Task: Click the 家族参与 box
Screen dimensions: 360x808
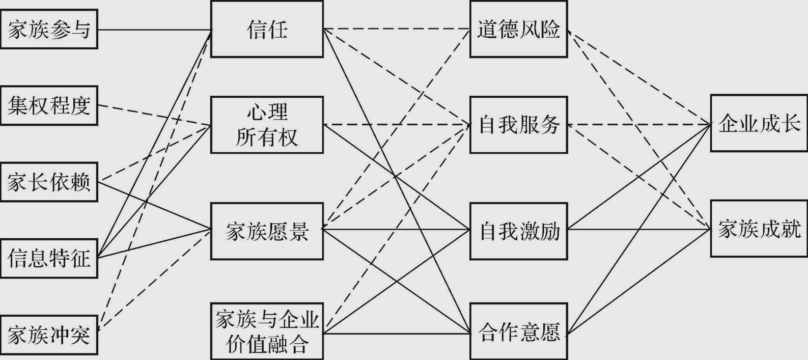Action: point(49,30)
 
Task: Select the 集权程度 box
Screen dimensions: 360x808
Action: point(49,106)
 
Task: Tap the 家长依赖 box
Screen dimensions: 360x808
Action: point(49,182)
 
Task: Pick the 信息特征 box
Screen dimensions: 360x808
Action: point(49,259)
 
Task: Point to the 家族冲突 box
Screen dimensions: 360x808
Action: point(49,335)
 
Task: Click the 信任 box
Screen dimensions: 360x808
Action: point(267,29)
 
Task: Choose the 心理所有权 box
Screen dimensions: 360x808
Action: point(267,125)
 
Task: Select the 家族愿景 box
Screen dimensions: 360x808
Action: point(267,231)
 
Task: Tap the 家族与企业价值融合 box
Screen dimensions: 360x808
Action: point(267,331)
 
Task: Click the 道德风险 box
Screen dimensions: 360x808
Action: point(518,29)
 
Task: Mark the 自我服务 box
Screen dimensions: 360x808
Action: point(518,125)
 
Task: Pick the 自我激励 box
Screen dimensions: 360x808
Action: point(518,231)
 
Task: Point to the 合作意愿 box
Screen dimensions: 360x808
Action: point(518,331)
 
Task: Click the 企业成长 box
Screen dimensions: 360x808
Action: point(759,123)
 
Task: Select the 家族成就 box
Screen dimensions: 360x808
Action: point(759,229)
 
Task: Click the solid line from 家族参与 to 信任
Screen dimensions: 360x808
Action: point(153,30)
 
